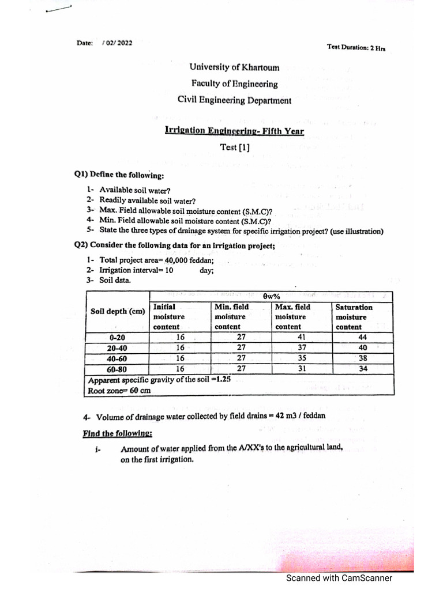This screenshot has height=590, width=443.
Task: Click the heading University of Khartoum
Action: pos(234,67)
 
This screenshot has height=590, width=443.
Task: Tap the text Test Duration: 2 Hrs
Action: pos(355,48)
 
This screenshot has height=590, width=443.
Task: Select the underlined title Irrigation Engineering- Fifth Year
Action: pos(234,131)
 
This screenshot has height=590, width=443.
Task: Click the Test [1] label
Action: pos(235,147)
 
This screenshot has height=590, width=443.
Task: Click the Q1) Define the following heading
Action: pos(119,175)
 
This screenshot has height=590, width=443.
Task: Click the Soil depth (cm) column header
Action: pos(118,312)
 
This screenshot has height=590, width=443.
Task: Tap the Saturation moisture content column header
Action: pos(354,317)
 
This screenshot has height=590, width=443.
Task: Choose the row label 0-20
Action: pos(117,338)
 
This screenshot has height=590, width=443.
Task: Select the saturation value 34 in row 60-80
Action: pos(362,369)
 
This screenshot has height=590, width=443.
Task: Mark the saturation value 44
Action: pos(362,338)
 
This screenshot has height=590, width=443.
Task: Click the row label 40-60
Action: pos(117,358)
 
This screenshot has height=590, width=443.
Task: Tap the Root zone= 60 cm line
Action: pos(120,390)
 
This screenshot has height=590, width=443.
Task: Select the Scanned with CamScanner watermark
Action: pos(339,578)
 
